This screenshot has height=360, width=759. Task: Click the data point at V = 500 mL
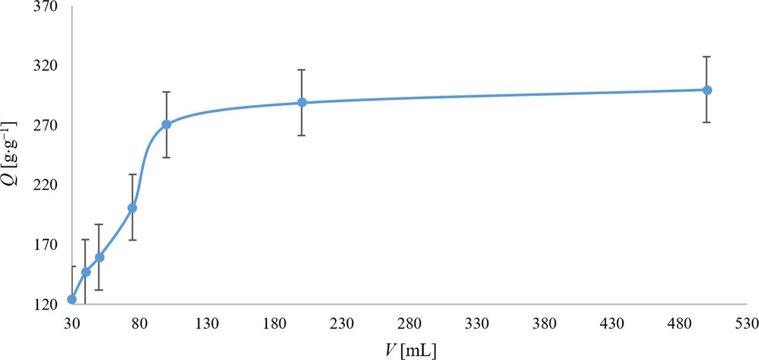tap(707, 90)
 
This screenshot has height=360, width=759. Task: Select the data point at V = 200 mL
tap(302, 103)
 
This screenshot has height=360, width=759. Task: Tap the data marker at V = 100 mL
tap(167, 124)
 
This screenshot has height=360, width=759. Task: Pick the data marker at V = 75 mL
tap(132, 208)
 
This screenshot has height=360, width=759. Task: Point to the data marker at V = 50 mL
tap(100, 257)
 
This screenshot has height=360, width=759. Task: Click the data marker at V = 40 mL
tap(86, 272)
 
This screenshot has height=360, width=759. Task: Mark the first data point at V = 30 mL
tap(72, 299)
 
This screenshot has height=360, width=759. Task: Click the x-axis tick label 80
tap(139, 324)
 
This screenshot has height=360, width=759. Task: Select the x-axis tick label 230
tap(342, 324)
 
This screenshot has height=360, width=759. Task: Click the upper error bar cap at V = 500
tap(707, 56)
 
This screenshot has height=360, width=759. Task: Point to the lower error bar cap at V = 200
tap(302, 135)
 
